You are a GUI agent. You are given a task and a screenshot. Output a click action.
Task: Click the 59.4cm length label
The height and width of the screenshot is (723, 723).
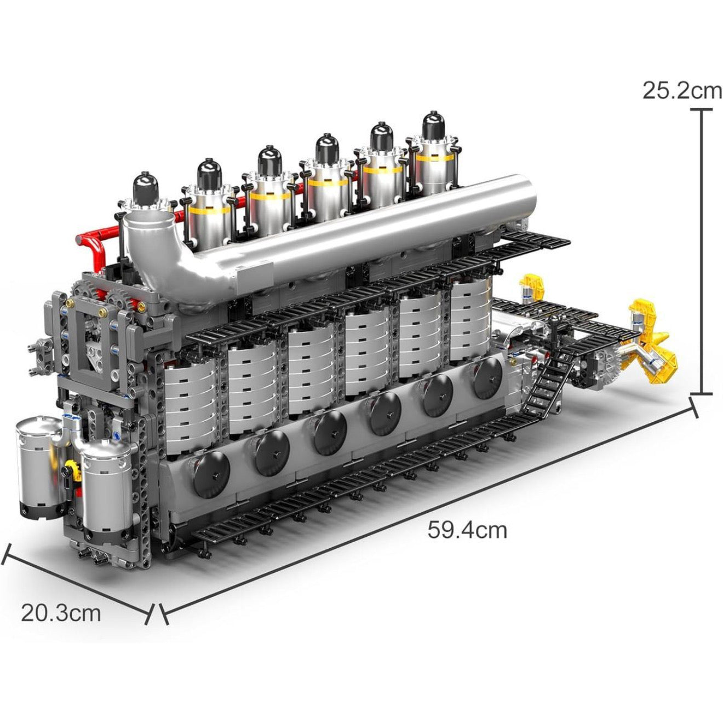(x=467, y=530)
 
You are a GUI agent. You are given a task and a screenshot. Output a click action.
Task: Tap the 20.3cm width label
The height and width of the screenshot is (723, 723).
(x=61, y=612)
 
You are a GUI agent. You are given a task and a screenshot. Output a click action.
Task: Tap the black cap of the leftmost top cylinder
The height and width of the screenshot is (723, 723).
(x=146, y=186)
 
